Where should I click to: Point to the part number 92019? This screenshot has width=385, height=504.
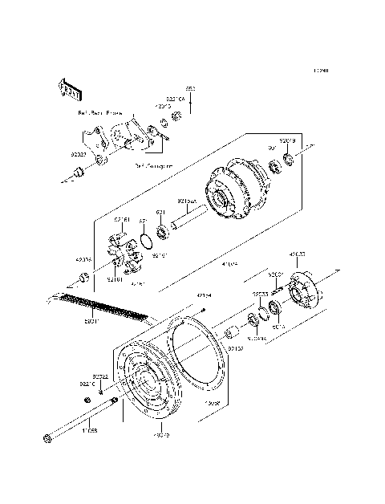(289, 140)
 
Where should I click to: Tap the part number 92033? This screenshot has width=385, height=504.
(261, 295)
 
